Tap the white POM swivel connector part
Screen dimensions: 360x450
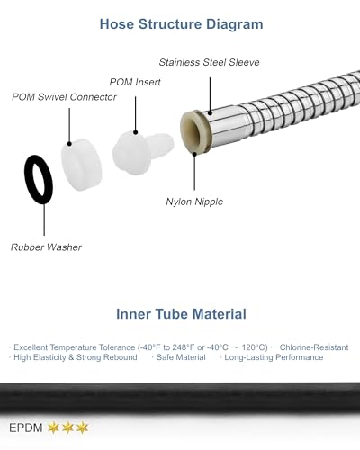tap(81, 165)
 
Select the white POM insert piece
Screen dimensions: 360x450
tap(141, 152)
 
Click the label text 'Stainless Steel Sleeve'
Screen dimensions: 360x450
tap(209, 62)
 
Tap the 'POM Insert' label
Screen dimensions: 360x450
tap(135, 82)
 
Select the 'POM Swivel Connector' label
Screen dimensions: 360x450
tap(64, 97)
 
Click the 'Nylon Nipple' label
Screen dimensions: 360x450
tap(194, 202)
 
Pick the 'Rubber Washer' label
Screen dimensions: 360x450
tap(46, 247)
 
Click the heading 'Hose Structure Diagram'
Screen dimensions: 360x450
tap(181, 24)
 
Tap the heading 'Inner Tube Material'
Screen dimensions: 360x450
tap(181, 314)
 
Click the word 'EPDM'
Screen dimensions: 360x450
tap(26, 427)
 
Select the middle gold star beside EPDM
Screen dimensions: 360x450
tap(67, 427)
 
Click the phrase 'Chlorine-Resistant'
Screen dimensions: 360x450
tap(314, 347)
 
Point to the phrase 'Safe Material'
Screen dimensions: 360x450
tap(181, 357)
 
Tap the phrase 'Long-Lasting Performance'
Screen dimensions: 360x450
tap(274, 357)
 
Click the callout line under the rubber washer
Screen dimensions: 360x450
tap(44, 220)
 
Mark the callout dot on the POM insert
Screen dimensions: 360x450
tap(136, 132)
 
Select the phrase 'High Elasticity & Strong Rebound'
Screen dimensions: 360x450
tap(76, 357)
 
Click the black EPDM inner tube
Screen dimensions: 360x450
tap(180, 398)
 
